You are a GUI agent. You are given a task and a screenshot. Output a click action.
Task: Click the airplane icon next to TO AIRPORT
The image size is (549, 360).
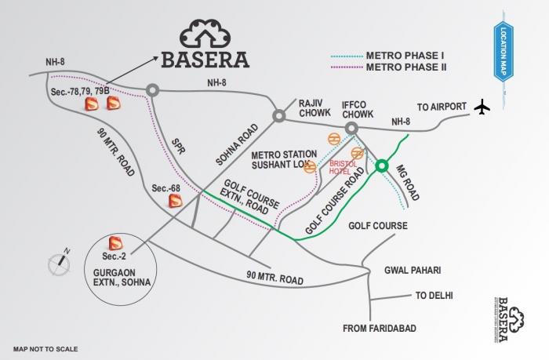(482, 107)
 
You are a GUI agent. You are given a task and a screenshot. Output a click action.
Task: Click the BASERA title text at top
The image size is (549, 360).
(205, 60)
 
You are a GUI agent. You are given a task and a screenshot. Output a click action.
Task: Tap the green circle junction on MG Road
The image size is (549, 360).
(382, 166)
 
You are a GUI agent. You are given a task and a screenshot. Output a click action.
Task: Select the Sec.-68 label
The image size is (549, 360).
(167, 189)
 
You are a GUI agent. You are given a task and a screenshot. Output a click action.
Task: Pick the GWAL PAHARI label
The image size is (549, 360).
(412, 271)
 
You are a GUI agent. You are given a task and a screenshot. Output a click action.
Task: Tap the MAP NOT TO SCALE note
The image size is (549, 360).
(45, 348)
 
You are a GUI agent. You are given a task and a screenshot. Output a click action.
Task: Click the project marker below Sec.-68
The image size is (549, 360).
(176, 202)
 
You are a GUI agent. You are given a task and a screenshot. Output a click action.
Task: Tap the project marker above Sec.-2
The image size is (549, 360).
(115, 242)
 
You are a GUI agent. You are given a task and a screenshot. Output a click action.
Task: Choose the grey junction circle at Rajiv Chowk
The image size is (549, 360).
(278, 116)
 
